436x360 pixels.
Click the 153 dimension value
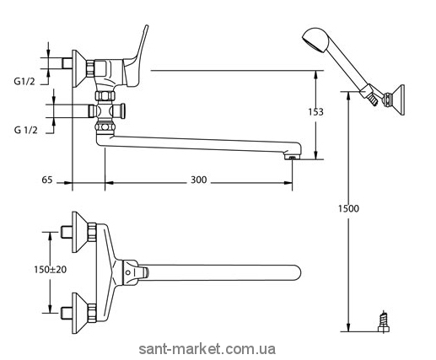(316, 112)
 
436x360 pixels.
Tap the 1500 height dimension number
(348, 208)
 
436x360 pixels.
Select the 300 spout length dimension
(199, 180)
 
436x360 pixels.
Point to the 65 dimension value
(47, 180)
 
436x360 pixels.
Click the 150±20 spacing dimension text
(51, 270)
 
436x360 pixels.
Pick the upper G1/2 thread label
(24, 82)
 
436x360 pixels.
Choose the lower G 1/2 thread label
(25, 130)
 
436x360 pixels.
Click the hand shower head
(315, 40)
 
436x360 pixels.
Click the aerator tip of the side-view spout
(293, 157)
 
